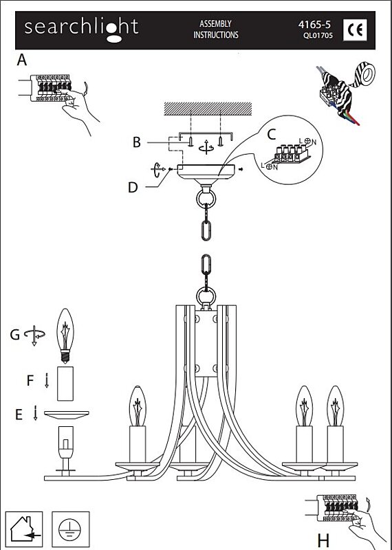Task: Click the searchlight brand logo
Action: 81,29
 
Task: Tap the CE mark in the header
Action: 355,30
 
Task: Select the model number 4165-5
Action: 314,25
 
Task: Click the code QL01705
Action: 318,36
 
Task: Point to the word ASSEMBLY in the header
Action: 215,24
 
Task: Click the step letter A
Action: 22,60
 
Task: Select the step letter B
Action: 137,142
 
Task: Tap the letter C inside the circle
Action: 272,134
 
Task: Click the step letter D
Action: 133,188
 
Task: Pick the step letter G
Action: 14,335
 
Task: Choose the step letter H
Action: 323,540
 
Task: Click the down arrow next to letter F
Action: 47,381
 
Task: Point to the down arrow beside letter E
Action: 35,413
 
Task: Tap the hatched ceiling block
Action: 208,109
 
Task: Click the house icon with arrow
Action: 23,529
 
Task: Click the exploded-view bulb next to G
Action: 65,335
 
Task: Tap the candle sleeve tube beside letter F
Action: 65,384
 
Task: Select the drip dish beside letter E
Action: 66,415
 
